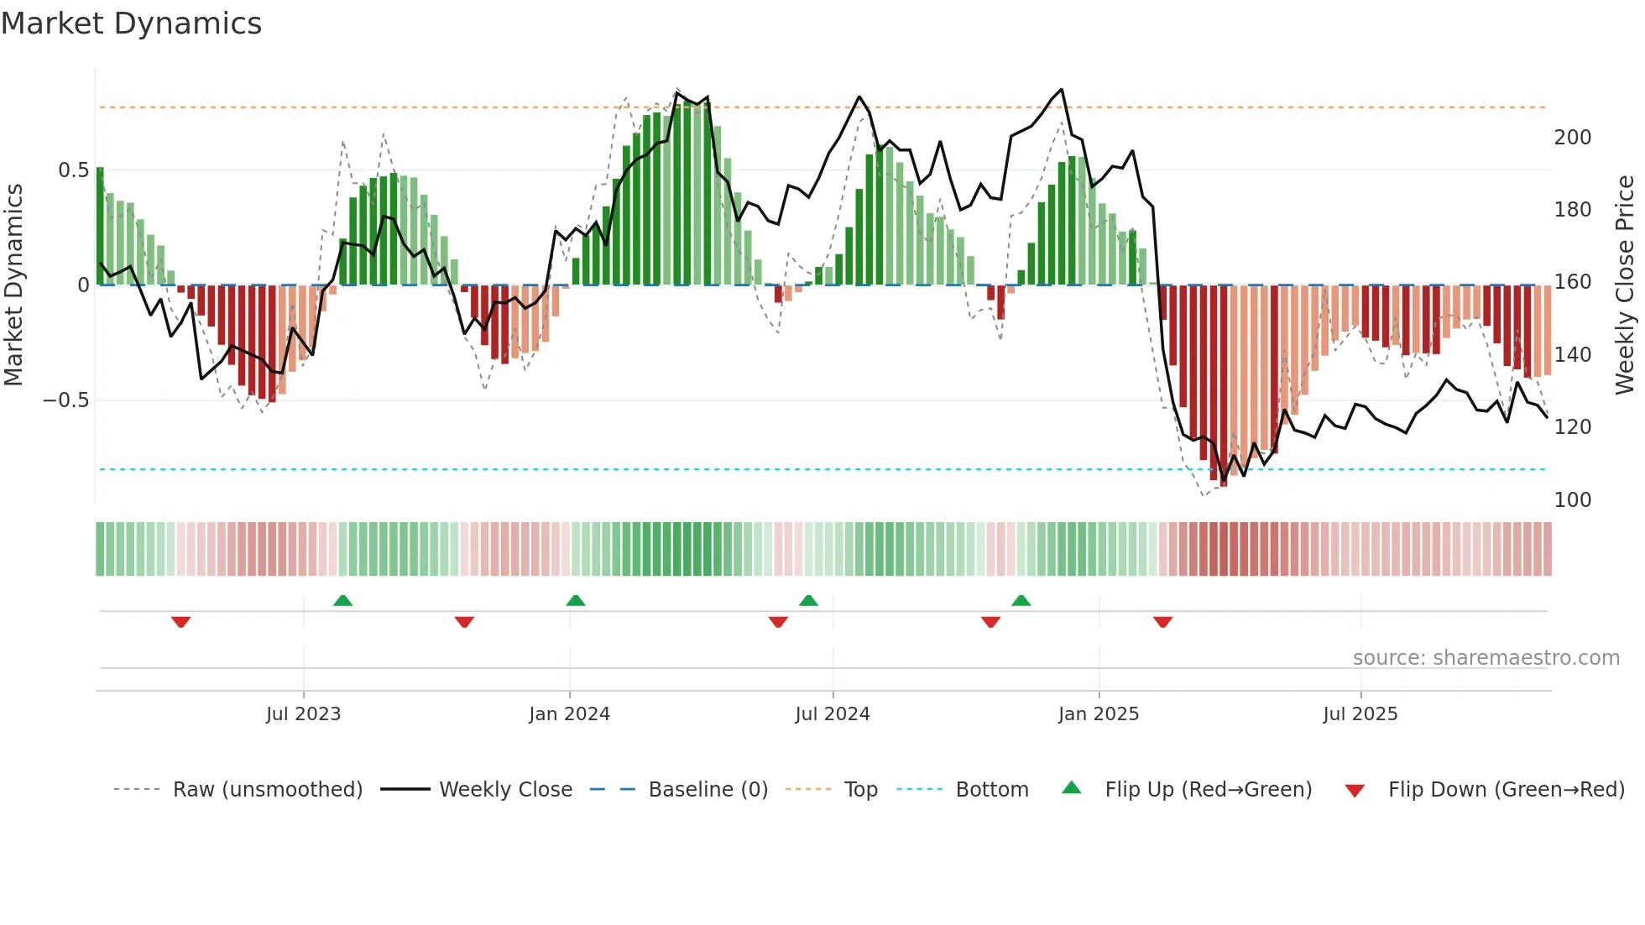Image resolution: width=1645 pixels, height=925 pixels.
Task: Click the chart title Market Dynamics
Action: [132, 24]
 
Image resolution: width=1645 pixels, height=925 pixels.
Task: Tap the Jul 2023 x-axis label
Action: [303, 714]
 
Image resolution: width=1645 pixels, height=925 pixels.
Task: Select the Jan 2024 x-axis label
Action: [569, 714]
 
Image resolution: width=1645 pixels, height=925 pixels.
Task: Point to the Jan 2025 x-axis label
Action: [1098, 714]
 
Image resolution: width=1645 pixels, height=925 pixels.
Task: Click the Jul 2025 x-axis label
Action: [1360, 714]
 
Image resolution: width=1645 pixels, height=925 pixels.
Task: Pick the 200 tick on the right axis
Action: [1572, 138]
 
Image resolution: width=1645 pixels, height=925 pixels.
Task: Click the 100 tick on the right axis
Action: [1572, 500]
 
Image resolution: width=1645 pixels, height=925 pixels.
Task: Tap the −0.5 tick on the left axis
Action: [66, 400]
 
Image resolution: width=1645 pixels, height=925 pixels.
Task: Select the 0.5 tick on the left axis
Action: [73, 170]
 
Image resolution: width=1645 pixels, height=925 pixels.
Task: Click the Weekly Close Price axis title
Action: [1625, 285]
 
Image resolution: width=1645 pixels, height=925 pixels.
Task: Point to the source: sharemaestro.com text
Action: [1486, 658]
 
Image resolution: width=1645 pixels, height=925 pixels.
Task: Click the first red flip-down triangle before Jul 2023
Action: [180, 622]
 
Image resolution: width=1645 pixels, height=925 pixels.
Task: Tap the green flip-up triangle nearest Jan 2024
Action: [575, 600]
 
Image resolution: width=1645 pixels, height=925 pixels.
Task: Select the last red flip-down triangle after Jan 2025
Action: [1162, 622]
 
